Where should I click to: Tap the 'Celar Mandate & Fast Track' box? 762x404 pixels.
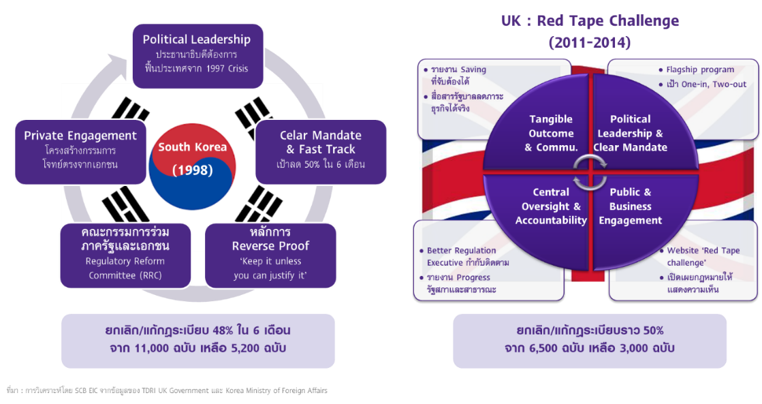320,149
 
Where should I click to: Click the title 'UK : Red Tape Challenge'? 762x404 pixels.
590,21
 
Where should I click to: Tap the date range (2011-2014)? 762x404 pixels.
590,42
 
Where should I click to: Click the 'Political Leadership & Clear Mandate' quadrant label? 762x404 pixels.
630,134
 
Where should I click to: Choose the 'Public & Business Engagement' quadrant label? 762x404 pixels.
630,206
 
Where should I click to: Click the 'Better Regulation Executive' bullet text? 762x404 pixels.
467,256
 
